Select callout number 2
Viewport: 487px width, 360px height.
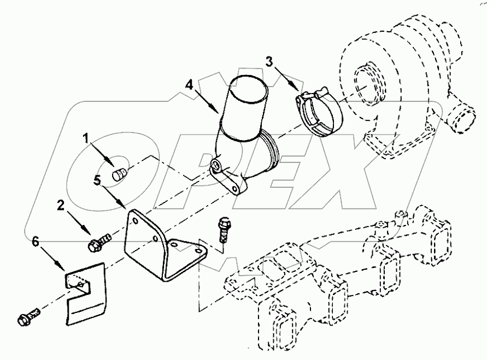pyautogui.click(x=61, y=205)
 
